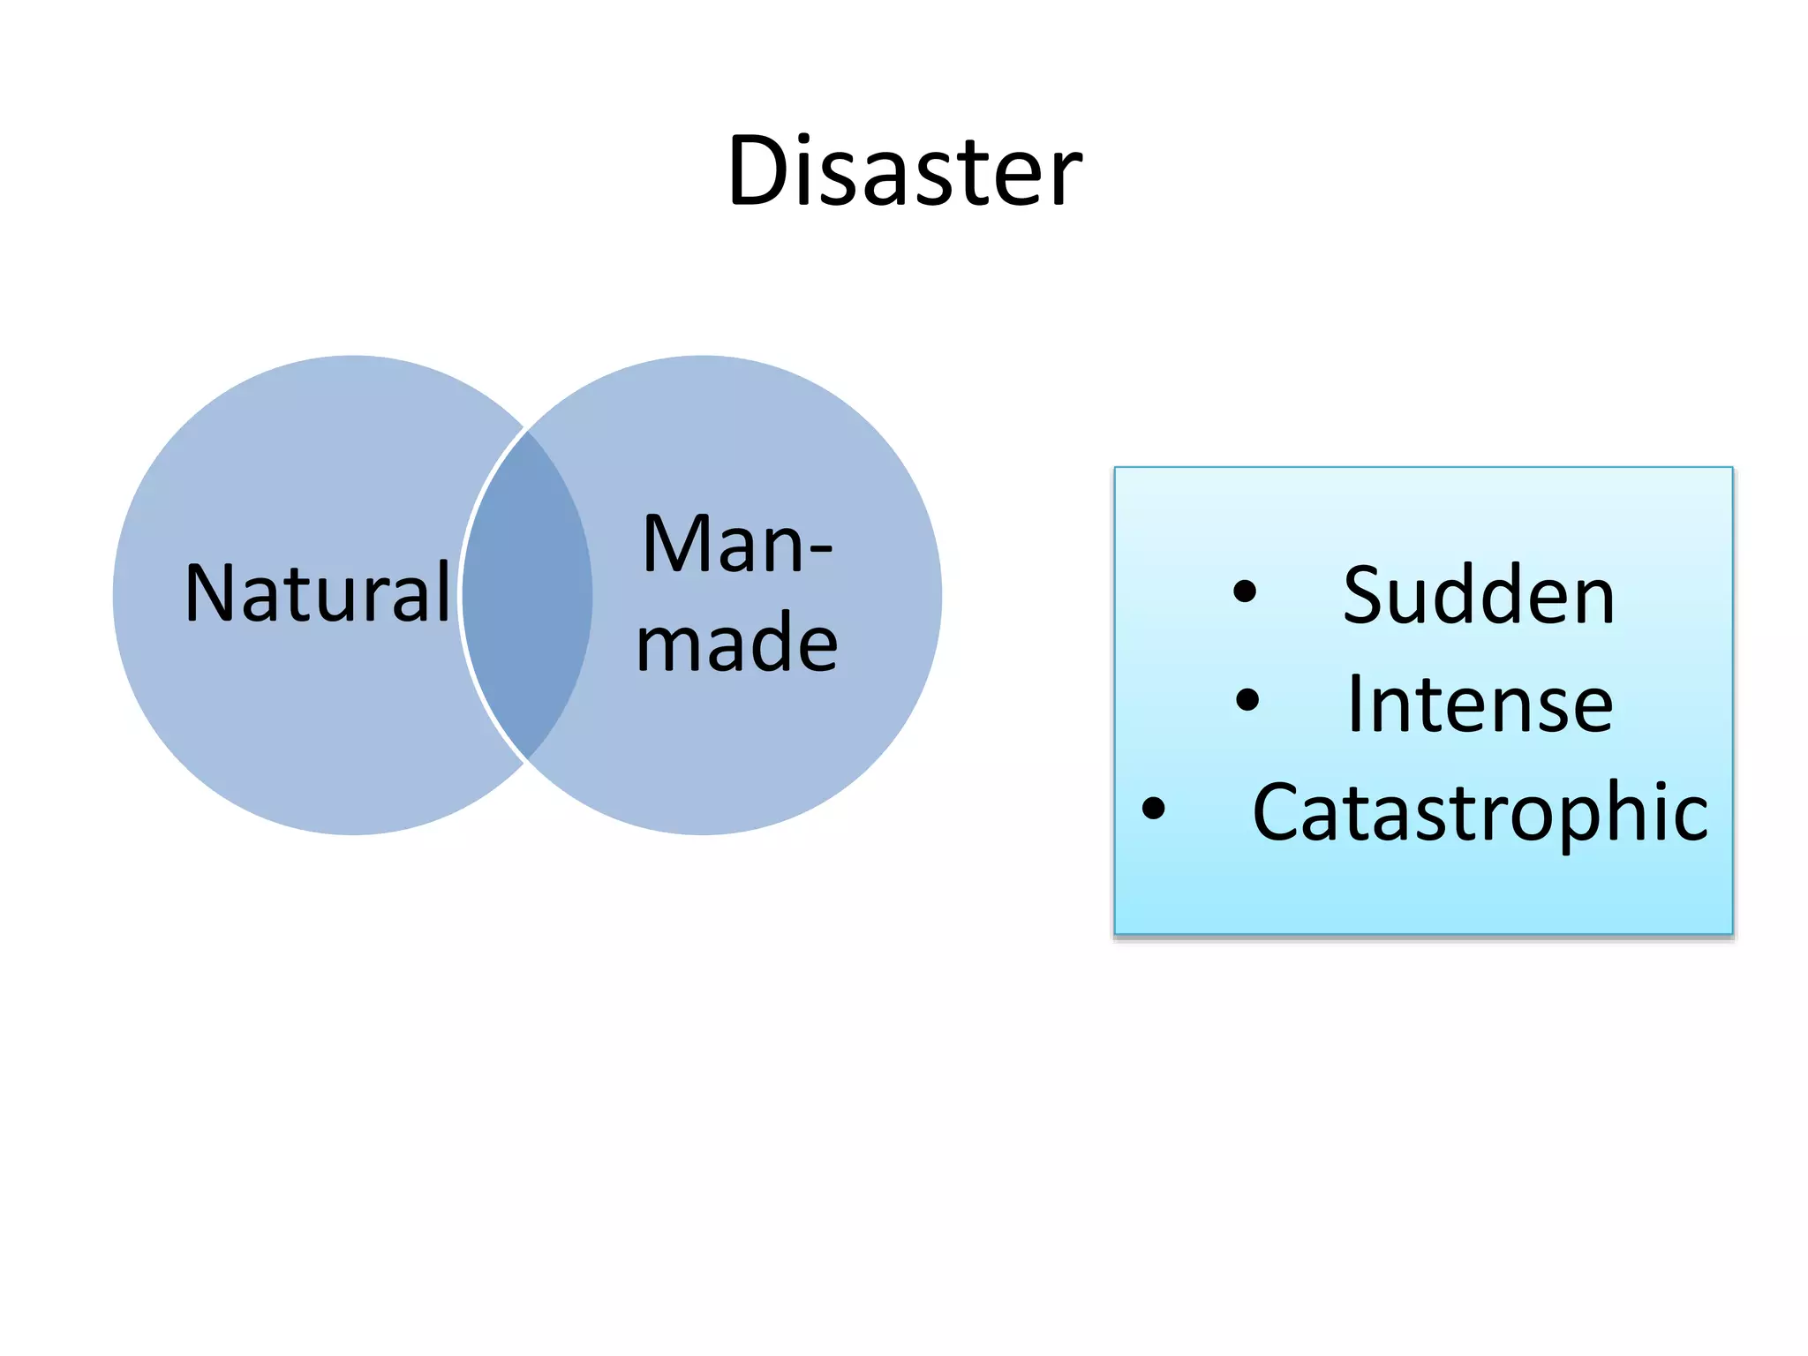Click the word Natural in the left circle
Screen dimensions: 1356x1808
coord(318,593)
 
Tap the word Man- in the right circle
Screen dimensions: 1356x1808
coord(737,545)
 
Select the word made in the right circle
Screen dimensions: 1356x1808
coord(737,643)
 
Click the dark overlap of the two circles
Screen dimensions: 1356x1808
coord(527,595)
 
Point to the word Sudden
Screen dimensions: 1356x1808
coord(1479,596)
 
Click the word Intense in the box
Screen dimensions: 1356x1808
coord(1480,704)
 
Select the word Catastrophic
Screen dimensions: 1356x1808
coord(1480,812)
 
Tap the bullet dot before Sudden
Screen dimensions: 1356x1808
coord(1244,591)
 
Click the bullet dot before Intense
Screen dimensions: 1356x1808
coord(1247,700)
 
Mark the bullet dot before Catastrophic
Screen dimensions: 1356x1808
coord(1153,808)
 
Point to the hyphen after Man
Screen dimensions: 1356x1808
coord(820,550)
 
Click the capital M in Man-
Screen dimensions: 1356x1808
coord(675,545)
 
